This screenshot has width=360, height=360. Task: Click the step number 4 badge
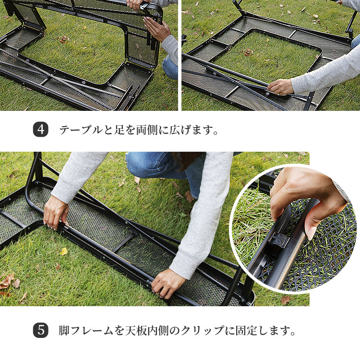[41, 130]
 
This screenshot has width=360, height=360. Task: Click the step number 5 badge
[41, 330]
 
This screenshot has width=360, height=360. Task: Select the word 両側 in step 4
[147, 130]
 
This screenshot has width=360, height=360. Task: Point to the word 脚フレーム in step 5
[85, 331]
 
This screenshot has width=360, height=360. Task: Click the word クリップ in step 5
[203, 331]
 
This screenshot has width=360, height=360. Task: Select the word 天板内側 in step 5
[147, 331]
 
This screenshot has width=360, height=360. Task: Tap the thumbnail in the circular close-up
[311, 233]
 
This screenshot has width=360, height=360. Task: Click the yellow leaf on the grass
[64, 252]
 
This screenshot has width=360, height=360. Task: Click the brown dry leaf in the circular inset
[286, 300]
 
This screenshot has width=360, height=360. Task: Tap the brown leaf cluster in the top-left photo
[64, 39]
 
